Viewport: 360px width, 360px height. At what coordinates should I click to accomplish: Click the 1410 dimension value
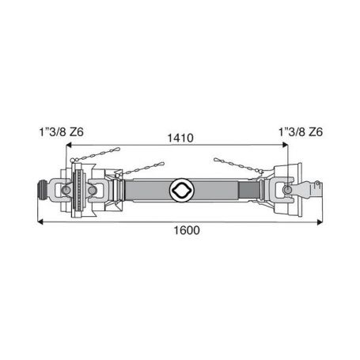tap(180, 138)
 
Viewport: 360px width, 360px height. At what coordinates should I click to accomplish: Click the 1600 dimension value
tap(187, 230)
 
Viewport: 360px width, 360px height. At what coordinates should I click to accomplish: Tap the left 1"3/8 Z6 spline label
tap(62, 132)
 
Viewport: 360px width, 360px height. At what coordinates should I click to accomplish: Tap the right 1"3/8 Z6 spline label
tap(301, 132)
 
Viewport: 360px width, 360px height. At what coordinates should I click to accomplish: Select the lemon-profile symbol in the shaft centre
tap(182, 190)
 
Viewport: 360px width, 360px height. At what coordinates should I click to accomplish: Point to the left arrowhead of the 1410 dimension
tap(69, 145)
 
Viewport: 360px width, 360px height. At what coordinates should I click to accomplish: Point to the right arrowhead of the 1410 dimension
tap(285, 145)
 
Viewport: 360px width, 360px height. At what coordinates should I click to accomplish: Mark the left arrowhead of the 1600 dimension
tap(40, 222)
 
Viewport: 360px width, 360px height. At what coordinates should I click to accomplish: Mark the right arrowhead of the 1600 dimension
tap(320, 222)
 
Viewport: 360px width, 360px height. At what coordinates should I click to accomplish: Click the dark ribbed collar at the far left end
tap(42, 190)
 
